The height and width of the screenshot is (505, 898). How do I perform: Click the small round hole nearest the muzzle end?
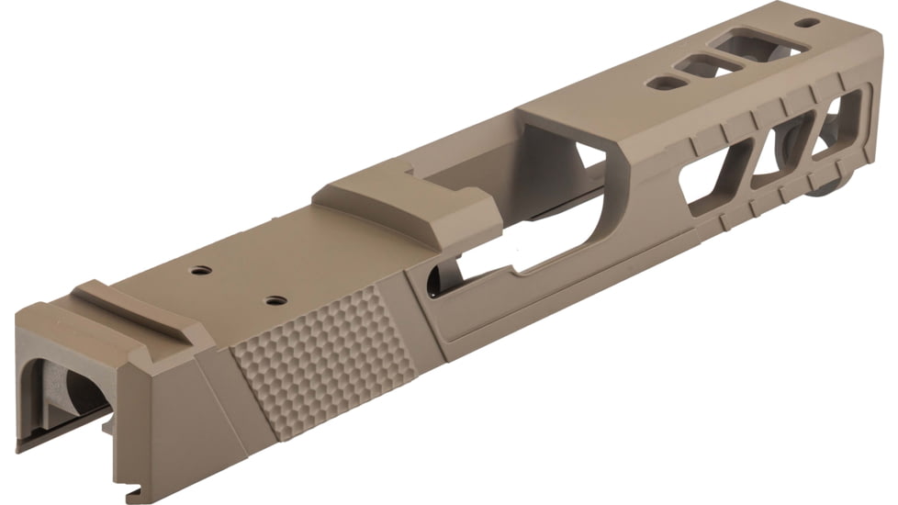[807, 23]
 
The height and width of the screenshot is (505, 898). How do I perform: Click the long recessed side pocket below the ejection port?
[551, 294]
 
